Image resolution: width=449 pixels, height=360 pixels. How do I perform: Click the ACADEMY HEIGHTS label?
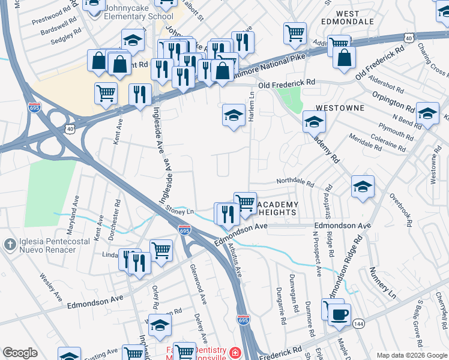(277, 209)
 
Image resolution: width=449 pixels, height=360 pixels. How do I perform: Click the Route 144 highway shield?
(358, 323)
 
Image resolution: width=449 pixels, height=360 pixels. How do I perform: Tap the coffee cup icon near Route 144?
(340, 314)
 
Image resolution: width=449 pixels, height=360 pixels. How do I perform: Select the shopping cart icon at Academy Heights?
(245, 203)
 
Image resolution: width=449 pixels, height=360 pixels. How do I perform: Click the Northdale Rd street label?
(295, 181)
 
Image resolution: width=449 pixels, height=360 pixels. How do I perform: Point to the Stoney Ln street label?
(181, 211)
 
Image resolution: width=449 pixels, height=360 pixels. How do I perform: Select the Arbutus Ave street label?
(235, 260)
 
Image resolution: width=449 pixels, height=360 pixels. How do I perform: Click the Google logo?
(20, 353)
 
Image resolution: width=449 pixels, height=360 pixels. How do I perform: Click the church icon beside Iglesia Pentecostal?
(10, 245)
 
